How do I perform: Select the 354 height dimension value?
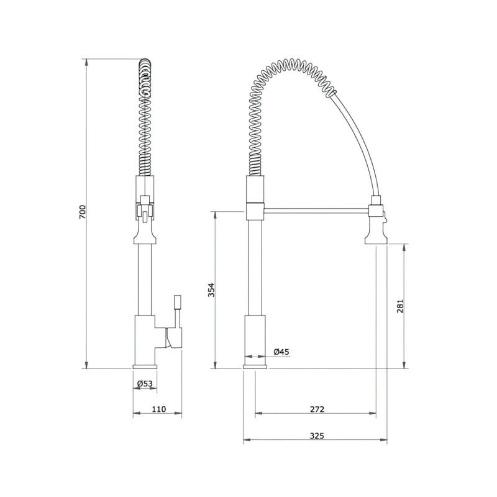(x=211, y=290)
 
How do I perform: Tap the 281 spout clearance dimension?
(x=401, y=306)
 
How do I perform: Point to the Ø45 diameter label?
(x=281, y=352)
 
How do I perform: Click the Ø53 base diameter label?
(x=144, y=384)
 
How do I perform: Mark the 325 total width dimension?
(x=317, y=436)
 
